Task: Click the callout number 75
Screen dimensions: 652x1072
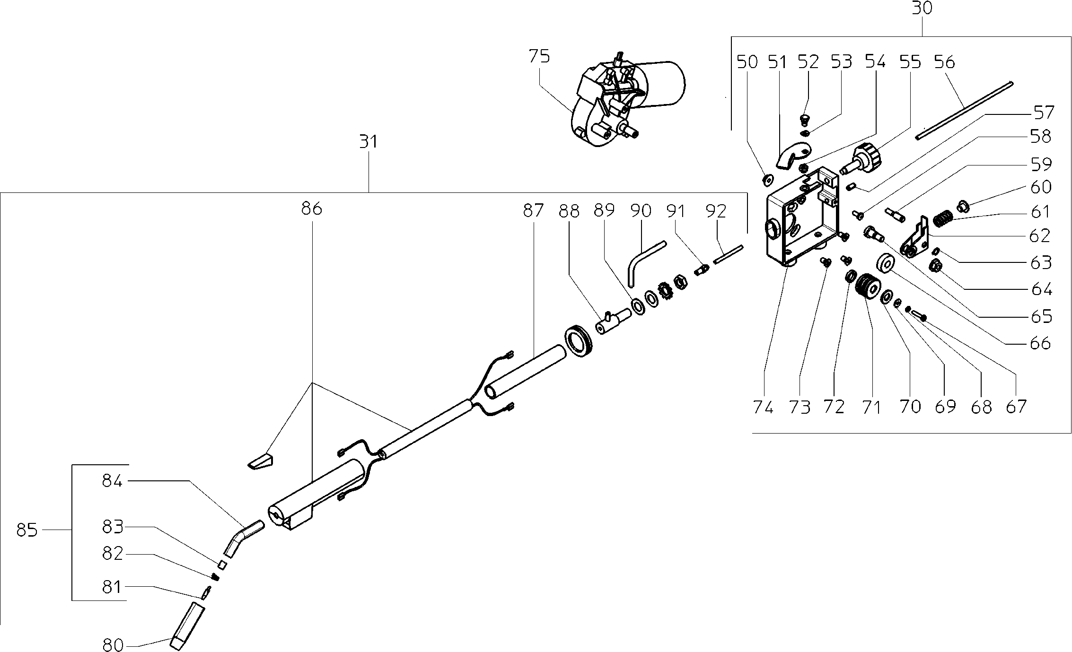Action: [539, 57]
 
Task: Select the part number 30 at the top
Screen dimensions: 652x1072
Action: [922, 8]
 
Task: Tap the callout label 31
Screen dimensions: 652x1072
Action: [369, 141]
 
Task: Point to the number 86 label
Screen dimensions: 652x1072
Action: [311, 209]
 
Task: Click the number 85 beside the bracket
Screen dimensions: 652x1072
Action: [26, 530]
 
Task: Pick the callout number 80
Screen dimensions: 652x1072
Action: [113, 645]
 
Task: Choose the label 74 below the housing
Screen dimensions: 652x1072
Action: [763, 407]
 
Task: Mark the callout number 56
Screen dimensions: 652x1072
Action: [944, 62]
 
